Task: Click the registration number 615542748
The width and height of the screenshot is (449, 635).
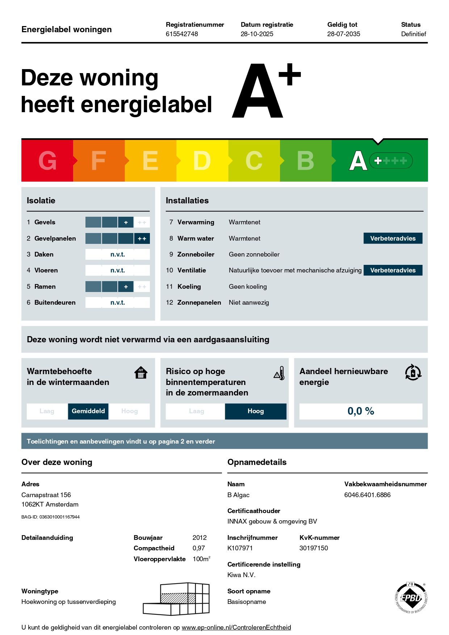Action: (x=182, y=34)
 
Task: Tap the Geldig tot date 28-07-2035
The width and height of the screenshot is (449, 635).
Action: (x=344, y=34)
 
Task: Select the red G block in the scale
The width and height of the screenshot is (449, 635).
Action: (x=47, y=161)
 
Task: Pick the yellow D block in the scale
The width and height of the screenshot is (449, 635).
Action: (x=202, y=161)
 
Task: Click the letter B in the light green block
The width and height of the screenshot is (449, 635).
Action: (x=305, y=161)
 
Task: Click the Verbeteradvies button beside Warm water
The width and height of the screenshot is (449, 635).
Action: (x=393, y=238)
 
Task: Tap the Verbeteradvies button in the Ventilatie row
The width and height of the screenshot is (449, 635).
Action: (x=393, y=270)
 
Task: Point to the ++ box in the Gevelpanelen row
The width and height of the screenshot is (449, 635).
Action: (x=142, y=239)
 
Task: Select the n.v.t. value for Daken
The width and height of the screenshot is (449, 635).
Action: (x=118, y=254)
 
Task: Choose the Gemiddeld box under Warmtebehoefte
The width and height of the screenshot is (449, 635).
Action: (x=88, y=411)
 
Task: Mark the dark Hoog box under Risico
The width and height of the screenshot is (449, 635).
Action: (x=256, y=411)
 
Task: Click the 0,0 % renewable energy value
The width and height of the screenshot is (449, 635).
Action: (x=361, y=411)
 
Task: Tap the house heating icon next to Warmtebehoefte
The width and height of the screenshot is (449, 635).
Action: (x=141, y=373)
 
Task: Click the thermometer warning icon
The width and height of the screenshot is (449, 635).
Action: (x=279, y=373)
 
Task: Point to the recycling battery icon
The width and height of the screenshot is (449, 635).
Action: (x=413, y=373)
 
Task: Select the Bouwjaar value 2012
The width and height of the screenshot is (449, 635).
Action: (x=200, y=538)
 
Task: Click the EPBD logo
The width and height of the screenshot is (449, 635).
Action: (x=411, y=598)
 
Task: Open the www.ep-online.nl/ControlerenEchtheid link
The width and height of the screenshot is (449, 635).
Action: (x=236, y=627)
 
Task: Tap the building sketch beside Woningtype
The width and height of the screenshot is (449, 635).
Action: (x=176, y=599)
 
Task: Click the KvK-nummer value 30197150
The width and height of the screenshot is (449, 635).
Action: (x=314, y=548)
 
